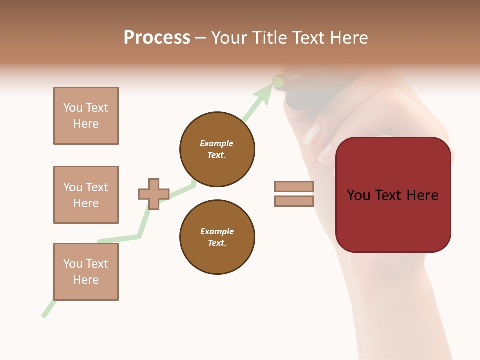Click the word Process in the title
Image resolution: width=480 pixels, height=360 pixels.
click(157, 38)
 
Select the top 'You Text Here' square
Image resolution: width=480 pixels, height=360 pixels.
click(86, 116)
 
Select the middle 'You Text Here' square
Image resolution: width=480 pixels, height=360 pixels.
click(86, 195)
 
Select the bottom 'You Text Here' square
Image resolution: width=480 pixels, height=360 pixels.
click(86, 271)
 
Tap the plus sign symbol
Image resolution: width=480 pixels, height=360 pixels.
click(154, 194)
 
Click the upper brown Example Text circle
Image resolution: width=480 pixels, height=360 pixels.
click(217, 149)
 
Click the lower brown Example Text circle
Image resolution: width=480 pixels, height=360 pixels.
click(217, 237)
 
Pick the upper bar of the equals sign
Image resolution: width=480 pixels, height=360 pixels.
click(294, 186)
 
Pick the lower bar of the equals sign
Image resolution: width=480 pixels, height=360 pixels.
click(294, 201)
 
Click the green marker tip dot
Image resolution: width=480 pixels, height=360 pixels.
click(278, 81)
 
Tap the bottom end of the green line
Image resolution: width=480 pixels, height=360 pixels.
click(44, 315)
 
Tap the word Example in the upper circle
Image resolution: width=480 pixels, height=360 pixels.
click(216, 143)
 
